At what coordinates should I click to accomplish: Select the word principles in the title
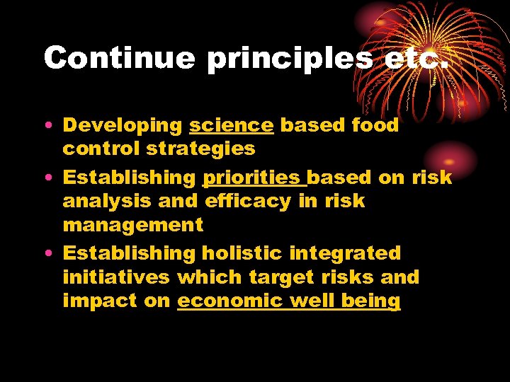[289, 57]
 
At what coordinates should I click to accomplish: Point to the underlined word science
[231, 126]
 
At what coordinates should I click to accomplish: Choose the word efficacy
[247, 202]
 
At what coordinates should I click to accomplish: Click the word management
[132, 226]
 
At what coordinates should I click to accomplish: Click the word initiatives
[116, 277]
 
